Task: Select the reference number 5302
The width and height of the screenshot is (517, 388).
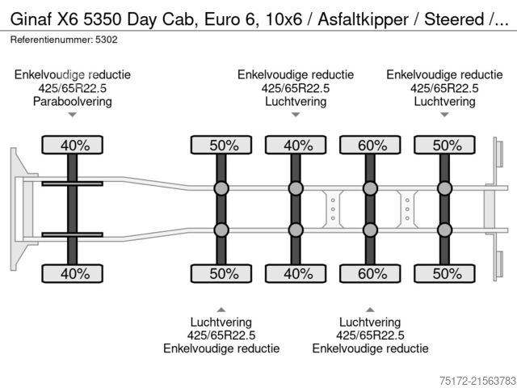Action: pyautogui.click(x=107, y=39)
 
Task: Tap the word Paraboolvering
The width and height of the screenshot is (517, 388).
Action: pyautogui.click(x=72, y=102)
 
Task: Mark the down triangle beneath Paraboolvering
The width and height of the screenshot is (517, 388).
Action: pyautogui.click(x=72, y=116)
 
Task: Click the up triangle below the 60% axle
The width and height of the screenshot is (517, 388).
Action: pyautogui.click(x=370, y=309)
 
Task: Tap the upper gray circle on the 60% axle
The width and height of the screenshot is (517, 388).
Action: pyautogui.click(x=370, y=189)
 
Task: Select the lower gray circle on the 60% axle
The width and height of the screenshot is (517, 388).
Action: pyautogui.click(x=370, y=230)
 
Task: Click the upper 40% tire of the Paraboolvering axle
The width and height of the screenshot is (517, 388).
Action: pyautogui.click(x=72, y=145)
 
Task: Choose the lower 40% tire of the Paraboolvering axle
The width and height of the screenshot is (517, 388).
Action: pyautogui.click(x=72, y=274)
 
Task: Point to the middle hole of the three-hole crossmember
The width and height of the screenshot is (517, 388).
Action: pyautogui.click(x=332, y=209)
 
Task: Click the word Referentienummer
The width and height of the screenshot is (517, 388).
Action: pyautogui.click(x=49, y=39)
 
